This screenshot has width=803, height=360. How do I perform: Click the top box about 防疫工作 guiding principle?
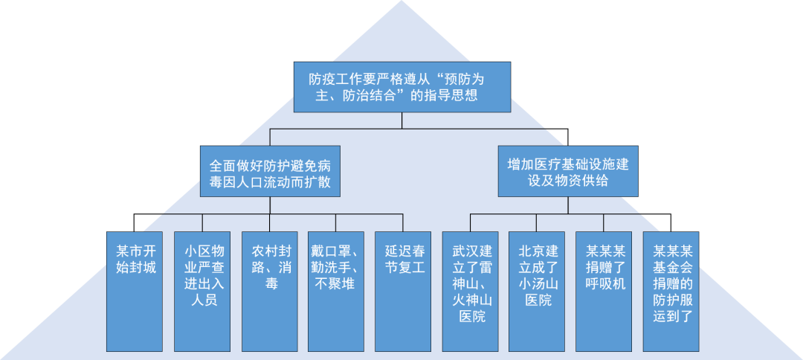(401, 87)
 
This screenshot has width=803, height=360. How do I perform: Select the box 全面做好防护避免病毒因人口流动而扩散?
(270, 172)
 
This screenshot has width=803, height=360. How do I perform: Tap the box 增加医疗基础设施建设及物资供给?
(567, 172)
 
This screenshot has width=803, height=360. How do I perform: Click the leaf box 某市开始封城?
(135, 292)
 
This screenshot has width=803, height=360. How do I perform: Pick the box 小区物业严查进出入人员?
(202, 292)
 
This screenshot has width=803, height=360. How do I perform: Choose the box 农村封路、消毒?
(269, 292)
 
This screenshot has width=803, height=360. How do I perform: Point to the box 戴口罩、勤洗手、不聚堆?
(336, 292)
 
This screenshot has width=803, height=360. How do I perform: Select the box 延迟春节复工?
(403, 292)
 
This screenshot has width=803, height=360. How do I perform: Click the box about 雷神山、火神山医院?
(470, 292)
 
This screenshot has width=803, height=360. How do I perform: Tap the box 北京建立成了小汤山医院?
(537, 292)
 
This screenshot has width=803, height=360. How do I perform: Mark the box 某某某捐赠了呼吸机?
(604, 292)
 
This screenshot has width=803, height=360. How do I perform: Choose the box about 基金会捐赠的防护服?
(671, 292)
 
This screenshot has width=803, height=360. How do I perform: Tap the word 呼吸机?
(604, 283)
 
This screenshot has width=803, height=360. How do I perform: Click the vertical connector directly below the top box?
(401, 120)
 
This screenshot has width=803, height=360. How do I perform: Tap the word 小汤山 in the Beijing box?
(537, 283)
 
